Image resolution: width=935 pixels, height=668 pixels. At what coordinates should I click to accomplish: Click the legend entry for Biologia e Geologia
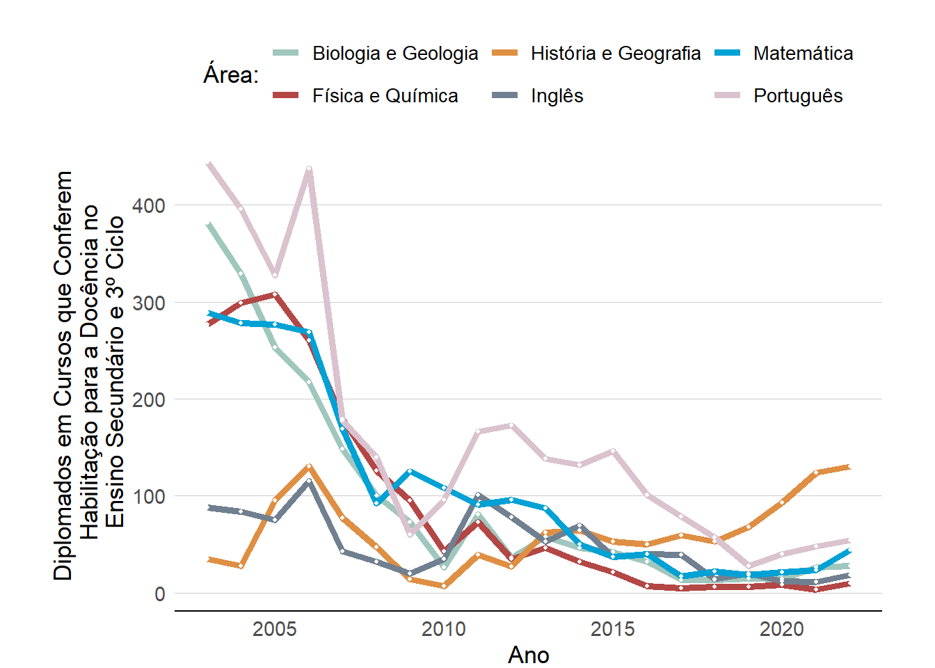(394, 54)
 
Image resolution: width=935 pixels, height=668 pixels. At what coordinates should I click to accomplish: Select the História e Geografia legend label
(615, 54)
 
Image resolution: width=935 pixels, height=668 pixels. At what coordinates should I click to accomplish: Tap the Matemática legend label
(803, 54)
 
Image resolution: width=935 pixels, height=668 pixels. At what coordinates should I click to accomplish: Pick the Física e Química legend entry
(385, 96)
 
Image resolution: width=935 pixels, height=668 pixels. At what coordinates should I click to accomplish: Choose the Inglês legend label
(557, 96)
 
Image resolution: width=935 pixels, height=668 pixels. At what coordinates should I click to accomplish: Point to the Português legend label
(798, 96)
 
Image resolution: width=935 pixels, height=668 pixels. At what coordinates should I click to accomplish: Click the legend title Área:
(231, 74)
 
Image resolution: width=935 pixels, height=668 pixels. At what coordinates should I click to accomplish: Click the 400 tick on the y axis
(150, 206)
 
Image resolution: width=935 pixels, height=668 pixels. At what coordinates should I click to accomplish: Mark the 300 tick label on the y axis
(150, 303)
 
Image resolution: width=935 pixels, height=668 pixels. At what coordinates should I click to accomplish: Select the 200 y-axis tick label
(150, 400)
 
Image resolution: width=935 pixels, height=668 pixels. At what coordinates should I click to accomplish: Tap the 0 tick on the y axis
(160, 594)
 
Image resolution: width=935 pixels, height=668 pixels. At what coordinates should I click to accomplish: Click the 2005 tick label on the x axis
(275, 630)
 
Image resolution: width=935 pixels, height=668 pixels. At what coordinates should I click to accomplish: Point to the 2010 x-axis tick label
(444, 630)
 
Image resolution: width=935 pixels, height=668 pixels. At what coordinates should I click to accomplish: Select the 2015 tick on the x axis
(613, 630)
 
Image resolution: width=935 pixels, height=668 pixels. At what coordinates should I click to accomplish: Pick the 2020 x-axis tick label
(782, 630)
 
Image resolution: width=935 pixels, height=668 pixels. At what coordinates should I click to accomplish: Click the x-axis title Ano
(529, 655)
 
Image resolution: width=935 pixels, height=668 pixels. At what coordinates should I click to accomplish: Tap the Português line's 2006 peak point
(309, 168)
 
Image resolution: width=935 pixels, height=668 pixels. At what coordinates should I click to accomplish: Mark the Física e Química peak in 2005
(275, 294)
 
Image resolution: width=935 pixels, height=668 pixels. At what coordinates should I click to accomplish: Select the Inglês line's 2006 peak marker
(309, 481)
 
